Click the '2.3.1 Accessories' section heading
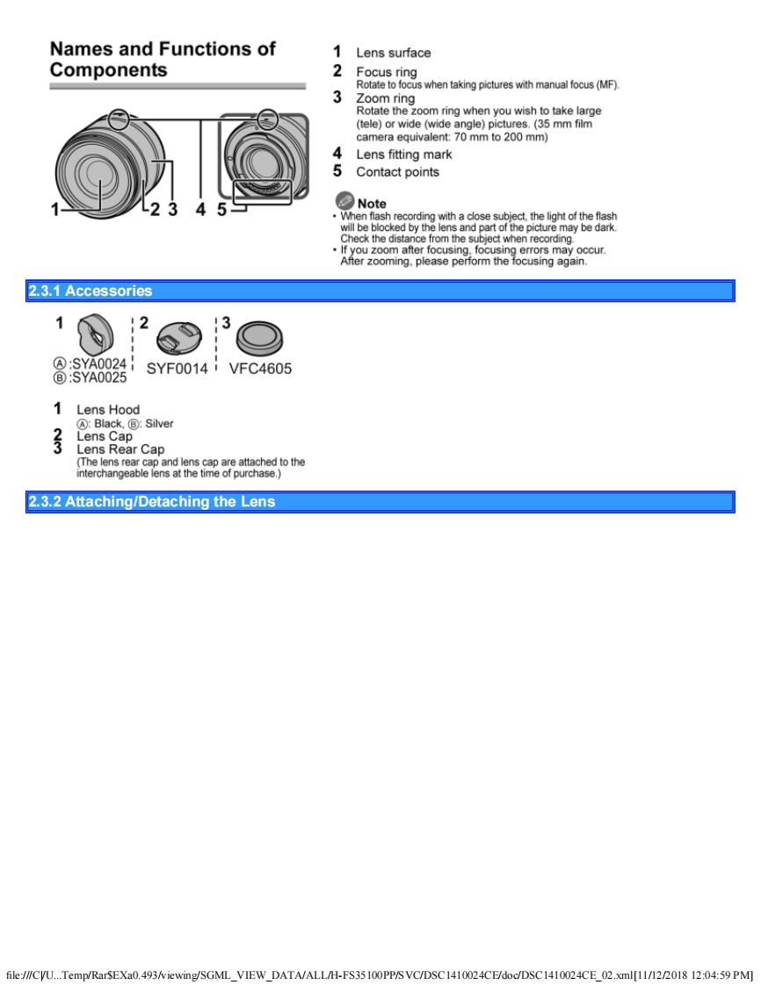click(x=91, y=291)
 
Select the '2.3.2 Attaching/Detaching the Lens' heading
click(x=152, y=502)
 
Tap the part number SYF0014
click(x=177, y=369)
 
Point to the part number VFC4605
click(x=260, y=369)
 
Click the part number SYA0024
click(x=98, y=363)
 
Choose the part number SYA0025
click(x=98, y=377)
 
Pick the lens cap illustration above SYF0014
click(x=178, y=337)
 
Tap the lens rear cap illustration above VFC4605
click(x=259, y=337)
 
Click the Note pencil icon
click(x=344, y=201)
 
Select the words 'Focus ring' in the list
click(x=387, y=72)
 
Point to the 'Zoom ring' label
click(x=385, y=98)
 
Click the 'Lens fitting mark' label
click(x=404, y=155)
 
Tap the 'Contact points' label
click(x=397, y=172)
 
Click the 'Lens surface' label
click(x=394, y=53)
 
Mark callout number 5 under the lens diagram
click(x=221, y=209)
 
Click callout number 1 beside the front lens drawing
click(x=54, y=209)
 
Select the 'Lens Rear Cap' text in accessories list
click(x=120, y=449)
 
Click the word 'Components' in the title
click(x=108, y=70)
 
